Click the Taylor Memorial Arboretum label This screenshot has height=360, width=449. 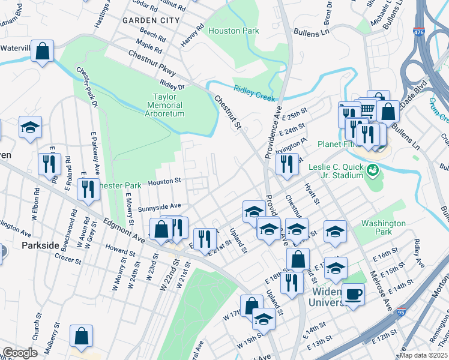point(159,104)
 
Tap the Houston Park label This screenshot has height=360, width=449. point(234,31)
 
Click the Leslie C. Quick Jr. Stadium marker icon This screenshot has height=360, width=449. point(373,170)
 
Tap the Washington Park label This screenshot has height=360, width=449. point(383,227)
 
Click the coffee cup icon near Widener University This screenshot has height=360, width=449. point(354,294)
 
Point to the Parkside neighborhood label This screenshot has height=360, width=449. point(41,245)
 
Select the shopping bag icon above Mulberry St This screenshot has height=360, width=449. point(81,335)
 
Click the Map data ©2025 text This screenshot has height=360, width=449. point(423,355)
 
